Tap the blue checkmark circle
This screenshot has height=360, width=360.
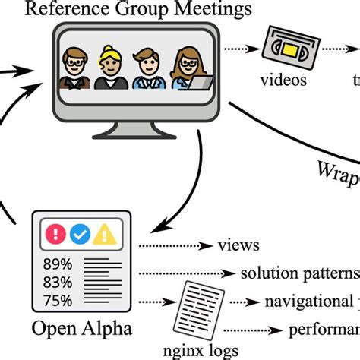(80, 234)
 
